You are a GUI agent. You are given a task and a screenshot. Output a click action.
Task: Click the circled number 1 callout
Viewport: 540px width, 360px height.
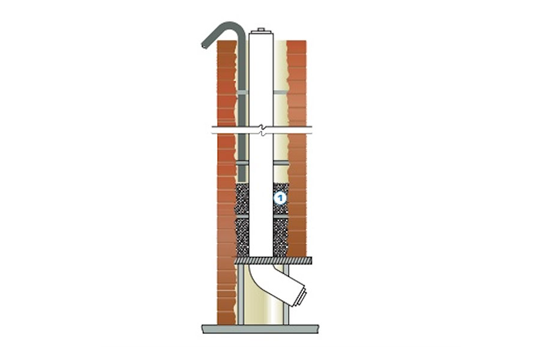(x=280, y=198)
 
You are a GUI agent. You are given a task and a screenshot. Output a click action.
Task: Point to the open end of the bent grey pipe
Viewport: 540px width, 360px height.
(x=204, y=45)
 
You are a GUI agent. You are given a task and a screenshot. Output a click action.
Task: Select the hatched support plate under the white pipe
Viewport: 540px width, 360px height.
(x=273, y=260)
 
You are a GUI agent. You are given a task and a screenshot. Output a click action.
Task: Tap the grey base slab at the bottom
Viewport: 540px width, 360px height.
(x=260, y=329)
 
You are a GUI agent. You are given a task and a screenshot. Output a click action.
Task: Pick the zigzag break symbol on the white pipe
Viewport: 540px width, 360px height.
(x=263, y=130)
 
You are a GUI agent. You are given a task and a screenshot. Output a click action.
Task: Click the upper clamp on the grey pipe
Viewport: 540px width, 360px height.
(x=242, y=92)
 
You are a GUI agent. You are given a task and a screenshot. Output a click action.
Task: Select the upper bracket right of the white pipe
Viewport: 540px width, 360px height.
(x=280, y=92)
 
